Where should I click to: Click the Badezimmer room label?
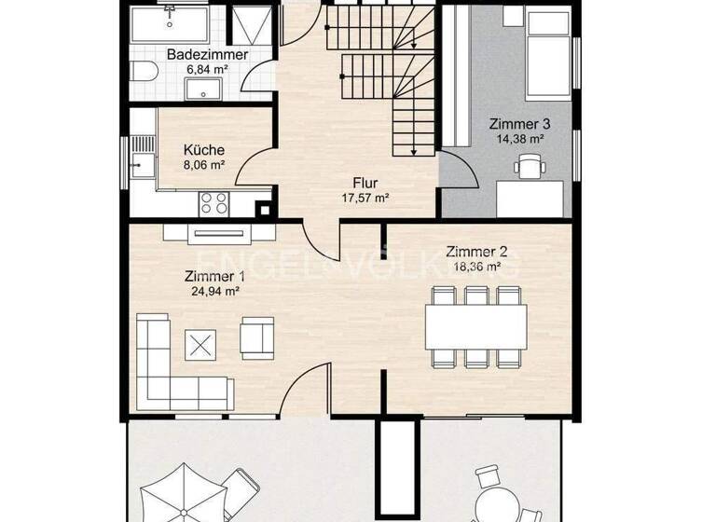click(x=207, y=55)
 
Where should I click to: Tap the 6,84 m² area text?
click(x=207, y=70)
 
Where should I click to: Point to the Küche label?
click(x=203, y=150)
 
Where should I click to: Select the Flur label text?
click(x=364, y=183)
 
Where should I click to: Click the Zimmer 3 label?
click(x=518, y=124)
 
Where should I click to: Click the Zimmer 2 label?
click(x=475, y=251)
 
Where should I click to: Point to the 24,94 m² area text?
click(x=214, y=290)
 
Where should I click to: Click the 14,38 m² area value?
click(x=518, y=138)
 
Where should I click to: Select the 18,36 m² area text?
click(x=475, y=266)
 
